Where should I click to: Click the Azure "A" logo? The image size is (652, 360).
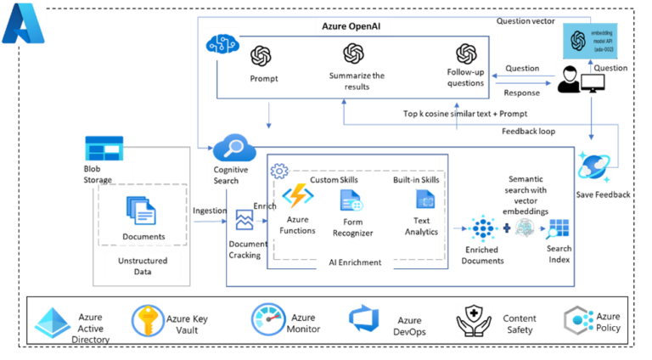tap(24, 24)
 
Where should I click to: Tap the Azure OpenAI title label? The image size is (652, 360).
tap(351, 26)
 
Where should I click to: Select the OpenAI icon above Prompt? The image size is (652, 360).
tap(261, 56)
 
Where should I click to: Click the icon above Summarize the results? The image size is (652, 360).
tap(354, 54)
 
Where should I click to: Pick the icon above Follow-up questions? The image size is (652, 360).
tap(465, 54)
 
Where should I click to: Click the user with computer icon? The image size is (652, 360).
tap(582, 82)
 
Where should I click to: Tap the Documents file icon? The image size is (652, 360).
tap(140, 210)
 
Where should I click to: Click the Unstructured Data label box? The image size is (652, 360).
tap(143, 266)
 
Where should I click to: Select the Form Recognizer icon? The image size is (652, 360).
tap(351, 201)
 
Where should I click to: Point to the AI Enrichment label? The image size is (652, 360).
tap(356, 262)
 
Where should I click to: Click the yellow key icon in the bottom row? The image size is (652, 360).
tap(149, 321)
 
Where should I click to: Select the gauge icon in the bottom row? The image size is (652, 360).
tap(267, 321)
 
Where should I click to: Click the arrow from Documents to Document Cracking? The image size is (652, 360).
tap(208, 222)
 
